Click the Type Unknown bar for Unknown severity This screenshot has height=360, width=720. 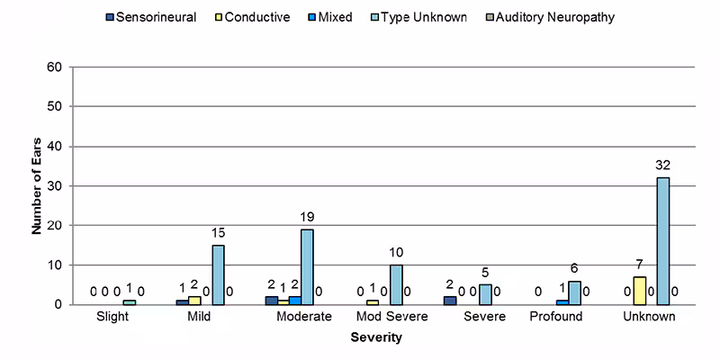click(x=663, y=240)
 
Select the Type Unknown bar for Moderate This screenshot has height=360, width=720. click(x=307, y=266)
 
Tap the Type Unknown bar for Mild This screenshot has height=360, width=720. click(x=218, y=274)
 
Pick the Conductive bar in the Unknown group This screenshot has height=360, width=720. click(x=639, y=290)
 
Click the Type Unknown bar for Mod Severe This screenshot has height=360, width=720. click(x=396, y=284)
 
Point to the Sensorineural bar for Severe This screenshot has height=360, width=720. click(x=449, y=300)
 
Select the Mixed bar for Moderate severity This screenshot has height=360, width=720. click(x=294, y=300)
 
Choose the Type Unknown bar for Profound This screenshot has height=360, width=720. click(x=574, y=292)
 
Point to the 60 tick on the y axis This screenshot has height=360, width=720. click(x=54, y=67)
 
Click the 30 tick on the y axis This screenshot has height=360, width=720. click(x=54, y=185)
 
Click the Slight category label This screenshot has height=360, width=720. click(x=114, y=318)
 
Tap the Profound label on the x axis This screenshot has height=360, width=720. click(x=555, y=318)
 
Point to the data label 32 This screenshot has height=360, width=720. click(x=663, y=166)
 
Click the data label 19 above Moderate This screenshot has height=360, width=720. click(x=307, y=217)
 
